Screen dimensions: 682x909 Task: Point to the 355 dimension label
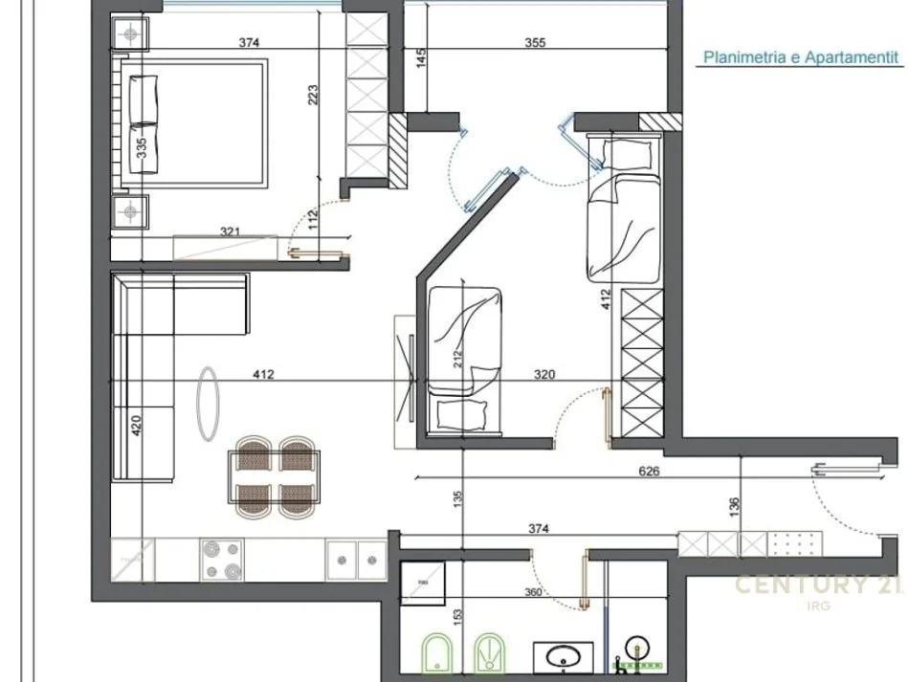click(x=537, y=43)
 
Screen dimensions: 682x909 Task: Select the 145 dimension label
click(x=420, y=59)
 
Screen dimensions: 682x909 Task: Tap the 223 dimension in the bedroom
click(x=314, y=95)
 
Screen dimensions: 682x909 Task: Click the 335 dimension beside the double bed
click(x=142, y=148)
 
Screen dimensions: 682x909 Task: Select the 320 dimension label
click(x=544, y=375)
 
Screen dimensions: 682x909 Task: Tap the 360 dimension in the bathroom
click(x=533, y=593)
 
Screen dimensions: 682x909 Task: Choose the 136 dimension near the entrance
click(x=734, y=504)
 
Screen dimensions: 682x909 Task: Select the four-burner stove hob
click(x=222, y=559)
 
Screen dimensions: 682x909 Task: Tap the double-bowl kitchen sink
click(x=355, y=559)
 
